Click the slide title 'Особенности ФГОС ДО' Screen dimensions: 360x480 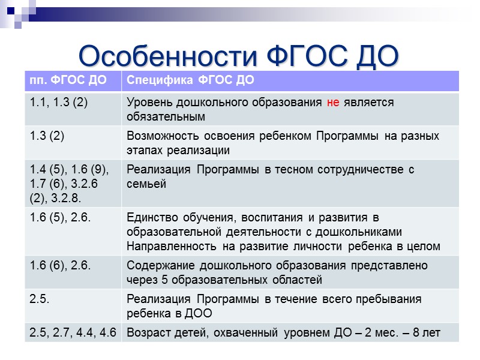coord(239,56)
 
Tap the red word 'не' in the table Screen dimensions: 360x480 coord(333,103)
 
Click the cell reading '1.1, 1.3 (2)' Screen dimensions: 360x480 coord(59,103)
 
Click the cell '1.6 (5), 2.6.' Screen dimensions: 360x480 coord(61,217)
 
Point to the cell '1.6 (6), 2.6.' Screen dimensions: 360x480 coord(61,265)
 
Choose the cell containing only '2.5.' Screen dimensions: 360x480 coord(40,299)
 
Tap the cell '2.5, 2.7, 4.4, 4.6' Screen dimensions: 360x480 coord(73,331)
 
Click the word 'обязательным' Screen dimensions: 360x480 coord(166,116)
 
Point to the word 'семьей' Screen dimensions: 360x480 coord(146,184)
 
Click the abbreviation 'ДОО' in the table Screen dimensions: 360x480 coord(200,313)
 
